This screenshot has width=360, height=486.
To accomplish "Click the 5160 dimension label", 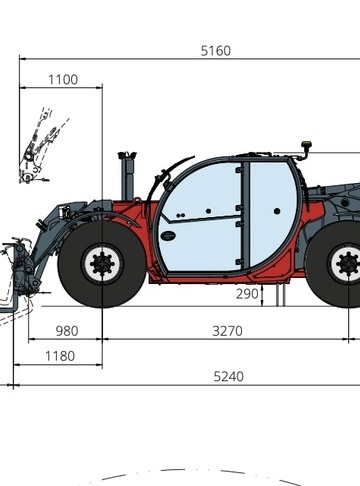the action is click(216, 51).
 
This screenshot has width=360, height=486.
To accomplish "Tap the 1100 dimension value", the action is click(63, 80).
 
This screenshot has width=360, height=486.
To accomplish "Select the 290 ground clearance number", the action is click(247, 294).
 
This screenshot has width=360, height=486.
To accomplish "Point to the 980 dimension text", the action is click(67, 331).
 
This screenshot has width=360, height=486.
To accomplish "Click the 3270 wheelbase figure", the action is click(227, 331).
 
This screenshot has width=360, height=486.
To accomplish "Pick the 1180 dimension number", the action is click(60, 356).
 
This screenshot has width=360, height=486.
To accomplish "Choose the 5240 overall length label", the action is click(229, 376).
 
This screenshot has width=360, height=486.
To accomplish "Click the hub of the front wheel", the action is click(102, 264).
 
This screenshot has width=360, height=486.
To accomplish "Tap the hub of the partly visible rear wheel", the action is click(348, 264).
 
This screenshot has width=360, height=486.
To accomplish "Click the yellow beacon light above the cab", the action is click(306, 145).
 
